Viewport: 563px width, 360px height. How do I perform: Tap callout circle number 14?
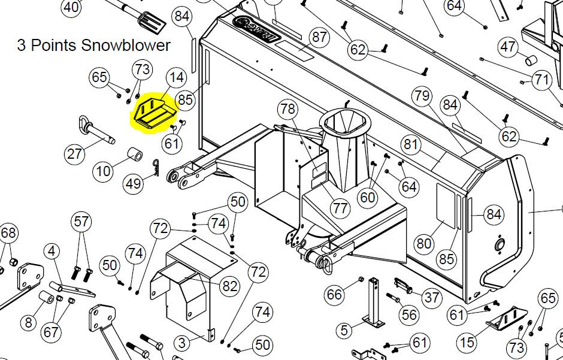(x=176, y=77)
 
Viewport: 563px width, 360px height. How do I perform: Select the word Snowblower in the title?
(x=126, y=45)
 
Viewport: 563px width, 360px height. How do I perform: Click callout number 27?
(x=74, y=155)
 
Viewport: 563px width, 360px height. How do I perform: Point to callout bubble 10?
(x=104, y=171)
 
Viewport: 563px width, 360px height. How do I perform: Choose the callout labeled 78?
(x=287, y=109)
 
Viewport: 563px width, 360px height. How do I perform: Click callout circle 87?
(x=319, y=37)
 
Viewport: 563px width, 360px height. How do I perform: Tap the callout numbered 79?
(x=422, y=95)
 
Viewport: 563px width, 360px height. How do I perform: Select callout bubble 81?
(x=410, y=144)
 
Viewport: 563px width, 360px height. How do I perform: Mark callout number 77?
(x=341, y=208)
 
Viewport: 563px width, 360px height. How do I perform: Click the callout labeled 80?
(x=424, y=243)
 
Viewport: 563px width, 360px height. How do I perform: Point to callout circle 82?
(x=229, y=286)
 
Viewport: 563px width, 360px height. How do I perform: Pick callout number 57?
(x=81, y=222)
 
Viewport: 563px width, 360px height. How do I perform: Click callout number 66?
(x=335, y=294)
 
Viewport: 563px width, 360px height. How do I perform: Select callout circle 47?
(x=508, y=47)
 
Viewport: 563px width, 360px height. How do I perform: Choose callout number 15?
(x=467, y=343)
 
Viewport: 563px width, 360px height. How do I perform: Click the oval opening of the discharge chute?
(x=344, y=122)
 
